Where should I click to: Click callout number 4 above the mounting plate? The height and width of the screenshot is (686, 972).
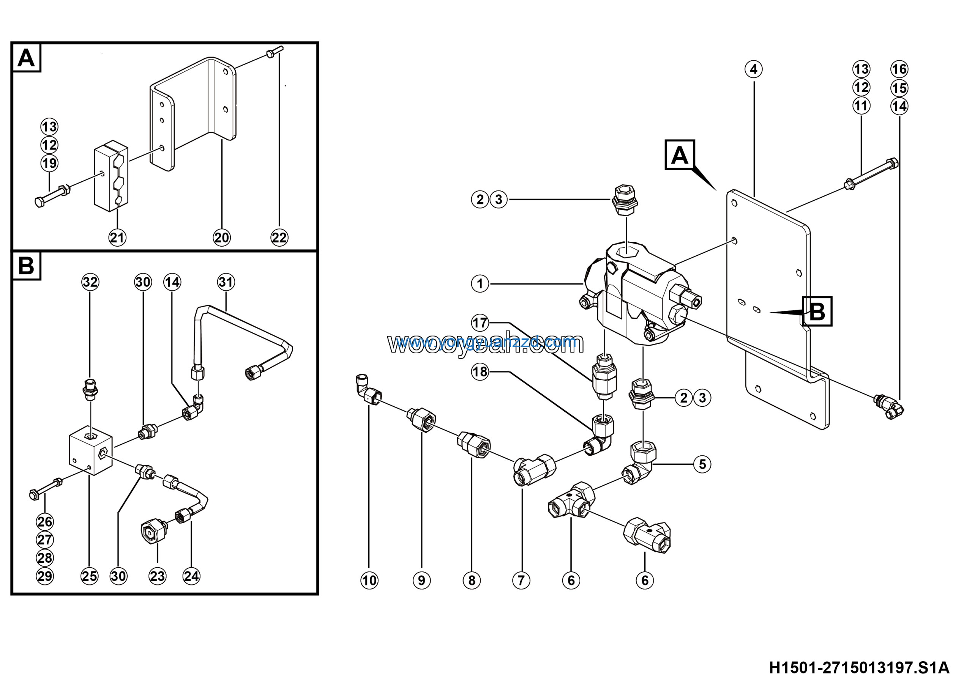coord(754,69)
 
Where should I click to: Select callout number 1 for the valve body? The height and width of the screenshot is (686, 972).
coord(480,283)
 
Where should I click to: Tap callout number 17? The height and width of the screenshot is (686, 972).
coord(480,323)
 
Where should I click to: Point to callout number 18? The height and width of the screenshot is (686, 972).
coord(480,372)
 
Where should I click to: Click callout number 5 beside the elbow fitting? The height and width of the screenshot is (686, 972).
coord(702,464)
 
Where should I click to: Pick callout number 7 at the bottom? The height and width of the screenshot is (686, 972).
coord(521,580)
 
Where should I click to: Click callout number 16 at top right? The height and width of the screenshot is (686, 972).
coord(899,69)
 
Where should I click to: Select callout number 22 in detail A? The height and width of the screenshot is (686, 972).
coord(279,238)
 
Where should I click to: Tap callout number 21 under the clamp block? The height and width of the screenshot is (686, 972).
coord(117,238)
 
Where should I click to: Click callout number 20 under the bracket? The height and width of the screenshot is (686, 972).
coord(221,238)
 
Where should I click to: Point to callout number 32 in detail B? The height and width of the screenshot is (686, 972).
coord(90,282)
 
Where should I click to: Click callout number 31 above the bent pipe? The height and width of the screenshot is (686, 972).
coord(226,282)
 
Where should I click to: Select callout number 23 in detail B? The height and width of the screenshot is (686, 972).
coord(157,576)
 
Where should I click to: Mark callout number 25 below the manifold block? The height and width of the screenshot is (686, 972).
coord(89,576)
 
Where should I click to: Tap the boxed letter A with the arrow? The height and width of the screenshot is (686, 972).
coord(680,155)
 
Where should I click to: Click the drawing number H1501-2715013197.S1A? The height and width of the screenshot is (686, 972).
coord(859,668)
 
